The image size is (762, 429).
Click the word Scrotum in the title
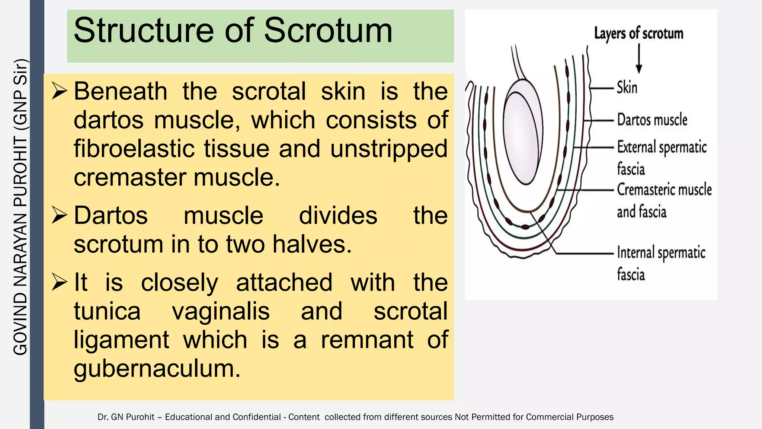(328, 31)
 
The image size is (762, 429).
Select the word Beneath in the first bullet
(121, 91)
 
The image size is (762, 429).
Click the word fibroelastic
(134, 149)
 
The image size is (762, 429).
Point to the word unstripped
(388, 149)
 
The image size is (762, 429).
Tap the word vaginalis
(221, 311)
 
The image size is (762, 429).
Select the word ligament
(121, 340)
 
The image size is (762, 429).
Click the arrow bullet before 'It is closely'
(59, 282)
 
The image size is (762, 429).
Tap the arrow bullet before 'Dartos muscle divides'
(59, 215)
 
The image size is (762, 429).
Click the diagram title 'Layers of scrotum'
(638, 34)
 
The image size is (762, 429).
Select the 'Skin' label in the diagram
(627, 88)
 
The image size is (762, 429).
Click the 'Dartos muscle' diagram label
(652, 120)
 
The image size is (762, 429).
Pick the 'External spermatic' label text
(662, 147)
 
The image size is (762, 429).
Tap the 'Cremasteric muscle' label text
(664, 190)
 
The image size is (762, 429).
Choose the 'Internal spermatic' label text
(661, 253)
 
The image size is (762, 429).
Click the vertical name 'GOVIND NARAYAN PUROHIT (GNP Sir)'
(20, 207)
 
